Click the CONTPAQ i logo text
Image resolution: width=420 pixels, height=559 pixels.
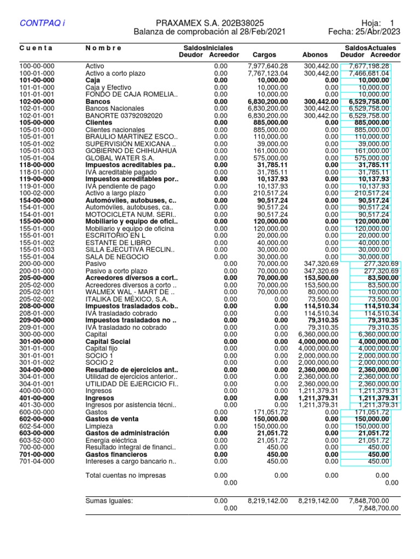coord(42,23)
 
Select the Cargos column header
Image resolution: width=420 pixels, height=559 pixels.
coord(264,55)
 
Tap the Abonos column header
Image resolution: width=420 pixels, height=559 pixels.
coord(315,55)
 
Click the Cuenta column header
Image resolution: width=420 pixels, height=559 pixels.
coord(36,48)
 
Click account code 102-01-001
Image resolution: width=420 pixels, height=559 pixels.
coord(37,116)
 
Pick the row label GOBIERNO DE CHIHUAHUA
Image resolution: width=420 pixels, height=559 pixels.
coord(131,151)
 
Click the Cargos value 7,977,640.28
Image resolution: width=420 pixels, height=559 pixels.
coord(267,66)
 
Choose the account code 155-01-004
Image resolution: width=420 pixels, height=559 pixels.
coord(37,257)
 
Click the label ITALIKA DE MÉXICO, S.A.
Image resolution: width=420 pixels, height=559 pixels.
coord(126,300)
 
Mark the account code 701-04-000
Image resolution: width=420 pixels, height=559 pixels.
coord(37,461)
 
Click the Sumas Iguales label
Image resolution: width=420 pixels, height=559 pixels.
coord(109,500)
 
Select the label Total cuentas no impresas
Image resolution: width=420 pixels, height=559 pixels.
coord(125,475)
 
